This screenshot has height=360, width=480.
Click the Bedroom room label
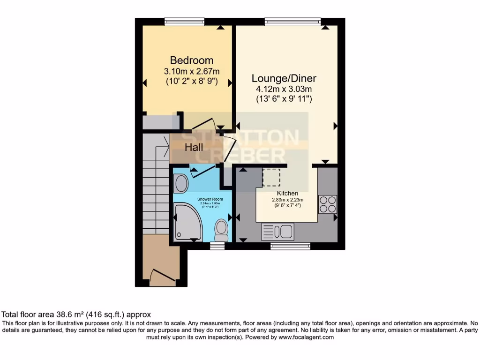click(191, 60)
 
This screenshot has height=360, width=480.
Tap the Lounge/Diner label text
click(284, 78)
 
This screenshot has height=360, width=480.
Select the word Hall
click(194, 147)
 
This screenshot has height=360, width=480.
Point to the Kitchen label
click(287, 193)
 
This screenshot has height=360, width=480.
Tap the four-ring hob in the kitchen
click(327, 204)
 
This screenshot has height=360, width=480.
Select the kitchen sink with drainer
click(277, 231)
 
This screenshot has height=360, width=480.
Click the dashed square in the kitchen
click(271, 178)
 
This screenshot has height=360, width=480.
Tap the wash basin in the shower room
click(180, 184)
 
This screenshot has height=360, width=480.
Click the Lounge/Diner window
click(292, 22)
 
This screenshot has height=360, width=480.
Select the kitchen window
click(290, 246)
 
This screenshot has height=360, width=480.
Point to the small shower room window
click(217, 246)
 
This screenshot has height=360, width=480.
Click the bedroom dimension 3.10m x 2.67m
click(191, 71)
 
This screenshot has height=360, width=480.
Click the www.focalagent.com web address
click(306, 337)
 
